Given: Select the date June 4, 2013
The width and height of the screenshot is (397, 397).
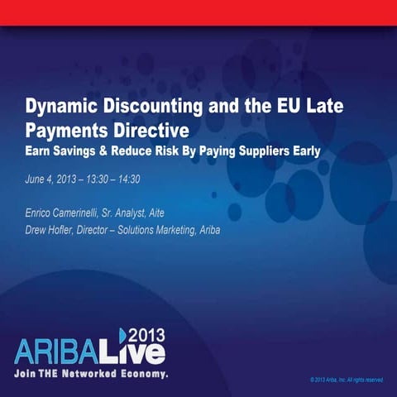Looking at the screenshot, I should point(51,179).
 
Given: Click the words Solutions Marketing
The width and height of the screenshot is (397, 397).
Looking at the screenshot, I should point(155,229).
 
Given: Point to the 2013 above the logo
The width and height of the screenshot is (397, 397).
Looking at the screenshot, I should point(148,332).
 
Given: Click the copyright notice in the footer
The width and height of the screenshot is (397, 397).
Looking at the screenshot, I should point(345,380).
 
